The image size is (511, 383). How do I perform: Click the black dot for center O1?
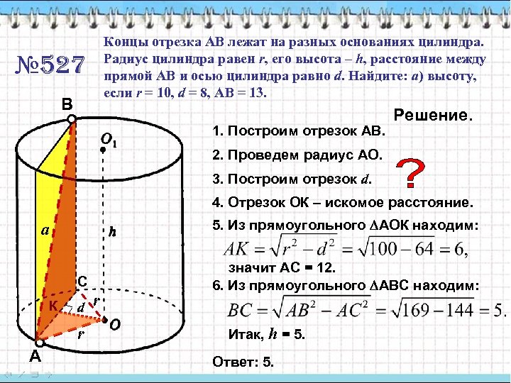click(x=104, y=149)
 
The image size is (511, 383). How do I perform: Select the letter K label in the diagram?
click(x=53, y=305)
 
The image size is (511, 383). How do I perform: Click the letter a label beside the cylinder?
click(x=45, y=230)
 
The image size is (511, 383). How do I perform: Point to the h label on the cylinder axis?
click(x=111, y=231)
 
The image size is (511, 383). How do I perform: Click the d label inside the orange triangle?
click(x=82, y=306)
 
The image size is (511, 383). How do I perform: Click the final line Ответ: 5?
click(x=243, y=362)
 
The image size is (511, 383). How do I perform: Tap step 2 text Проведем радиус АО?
click(x=297, y=154)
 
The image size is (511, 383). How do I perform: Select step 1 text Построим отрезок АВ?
click(x=299, y=131)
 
